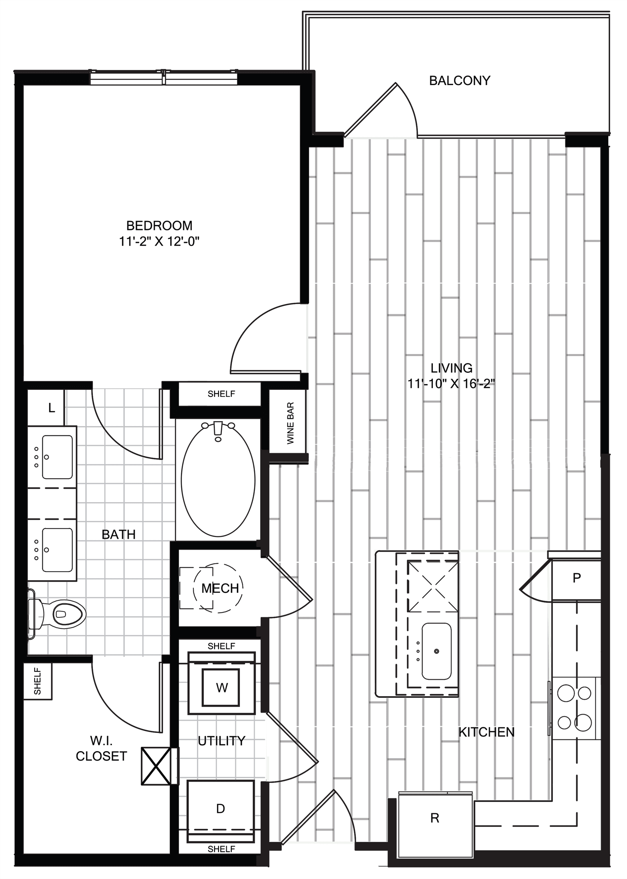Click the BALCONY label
coord(460,81)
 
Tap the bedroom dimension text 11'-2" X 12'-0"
coord(159,242)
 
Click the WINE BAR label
coord(290,423)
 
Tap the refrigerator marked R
coord(435,818)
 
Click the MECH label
coord(220,588)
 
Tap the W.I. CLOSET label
coord(101,748)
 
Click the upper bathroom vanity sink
coord(57,457)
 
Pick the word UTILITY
coord(221,741)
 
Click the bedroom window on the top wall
coord(163,77)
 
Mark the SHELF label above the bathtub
coord(221,394)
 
